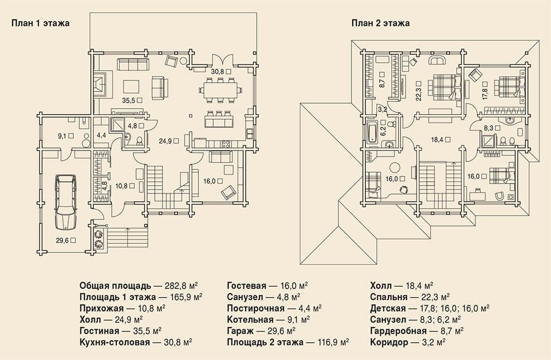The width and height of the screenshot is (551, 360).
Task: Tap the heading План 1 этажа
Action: pyautogui.click(x=40, y=23)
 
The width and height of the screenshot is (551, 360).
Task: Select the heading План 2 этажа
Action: pyautogui.click(x=381, y=23)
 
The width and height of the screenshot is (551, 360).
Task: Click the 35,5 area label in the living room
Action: pyautogui.click(x=128, y=100)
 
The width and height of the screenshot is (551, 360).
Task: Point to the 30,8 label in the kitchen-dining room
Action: pyautogui.click(x=217, y=71)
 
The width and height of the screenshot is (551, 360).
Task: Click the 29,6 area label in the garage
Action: pyautogui.click(x=62, y=240)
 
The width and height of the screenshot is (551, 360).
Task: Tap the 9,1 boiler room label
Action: pyautogui.click(x=62, y=135)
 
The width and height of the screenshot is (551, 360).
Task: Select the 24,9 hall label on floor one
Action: pyautogui.click(x=165, y=141)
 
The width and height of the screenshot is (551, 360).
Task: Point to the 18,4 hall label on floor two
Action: pyautogui.click(x=437, y=139)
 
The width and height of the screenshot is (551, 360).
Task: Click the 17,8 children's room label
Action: pyautogui.click(x=485, y=94)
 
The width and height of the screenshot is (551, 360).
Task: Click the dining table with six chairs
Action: pyautogui.click(x=220, y=90)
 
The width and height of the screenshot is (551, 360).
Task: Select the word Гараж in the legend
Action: pyautogui.click(x=240, y=331)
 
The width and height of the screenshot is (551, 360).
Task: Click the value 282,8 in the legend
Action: pyautogui.click(x=175, y=285)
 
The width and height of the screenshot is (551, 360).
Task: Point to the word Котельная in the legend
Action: pyautogui.click(x=250, y=320)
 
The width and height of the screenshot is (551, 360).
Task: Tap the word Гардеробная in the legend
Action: pyautogui.click(x=398, y=331)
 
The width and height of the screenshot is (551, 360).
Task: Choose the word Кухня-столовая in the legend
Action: pyautogui.click(x=115, y=342)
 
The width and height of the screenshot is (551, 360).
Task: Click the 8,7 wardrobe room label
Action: pyautogui.click(x=382, y=83)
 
